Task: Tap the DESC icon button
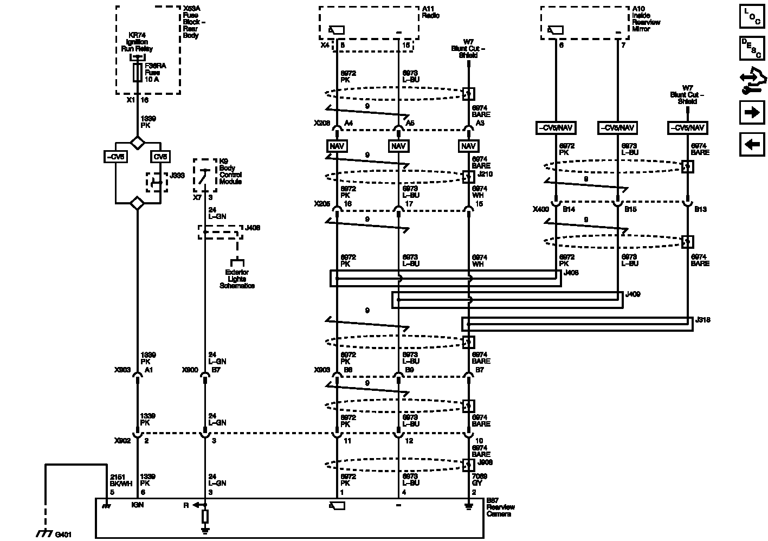752,48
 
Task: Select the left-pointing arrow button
752,144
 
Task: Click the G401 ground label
63,534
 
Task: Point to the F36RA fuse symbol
137,72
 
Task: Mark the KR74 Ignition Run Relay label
137,42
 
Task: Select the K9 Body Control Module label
230,171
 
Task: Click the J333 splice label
177,176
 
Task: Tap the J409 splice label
633,294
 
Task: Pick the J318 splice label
702,320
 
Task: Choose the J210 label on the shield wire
486,174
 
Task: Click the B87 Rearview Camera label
500,507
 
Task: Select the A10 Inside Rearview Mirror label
646,19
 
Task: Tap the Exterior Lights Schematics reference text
237,279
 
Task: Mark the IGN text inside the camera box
137,505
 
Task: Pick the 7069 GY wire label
480,480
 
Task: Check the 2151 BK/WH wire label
121,480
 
